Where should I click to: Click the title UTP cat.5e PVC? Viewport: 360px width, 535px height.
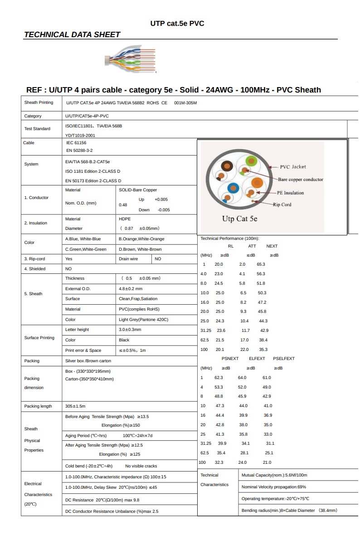click(177, 24)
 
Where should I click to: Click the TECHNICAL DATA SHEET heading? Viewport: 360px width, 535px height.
click(72, 34)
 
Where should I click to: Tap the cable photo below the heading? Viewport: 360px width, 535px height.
click(130, 59)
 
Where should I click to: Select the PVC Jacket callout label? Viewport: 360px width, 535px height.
click(292, 167)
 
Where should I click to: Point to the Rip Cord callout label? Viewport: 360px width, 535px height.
click(282, 204)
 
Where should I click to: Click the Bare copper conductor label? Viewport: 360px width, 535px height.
click(300, 180)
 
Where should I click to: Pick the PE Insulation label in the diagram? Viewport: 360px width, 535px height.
click(290, 193)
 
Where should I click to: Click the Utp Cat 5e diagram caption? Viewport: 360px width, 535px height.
click(239, 219)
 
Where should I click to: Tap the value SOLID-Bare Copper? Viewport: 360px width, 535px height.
click(138, 190)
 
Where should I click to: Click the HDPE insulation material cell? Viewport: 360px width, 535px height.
click(125, 219)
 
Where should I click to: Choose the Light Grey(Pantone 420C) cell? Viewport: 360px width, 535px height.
click(143, 320)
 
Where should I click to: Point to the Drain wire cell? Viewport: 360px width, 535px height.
click(128, 259)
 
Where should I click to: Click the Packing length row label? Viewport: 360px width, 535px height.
click(38, 406)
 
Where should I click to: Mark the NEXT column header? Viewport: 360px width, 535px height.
click(272, 246)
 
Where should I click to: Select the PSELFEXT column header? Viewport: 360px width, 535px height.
click(284, 359)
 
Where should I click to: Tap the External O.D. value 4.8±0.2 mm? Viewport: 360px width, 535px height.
click(131, 288)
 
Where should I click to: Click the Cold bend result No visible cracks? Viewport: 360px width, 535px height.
click(141, 466)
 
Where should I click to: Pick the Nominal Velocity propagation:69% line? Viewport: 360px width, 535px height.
click(274, 487)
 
